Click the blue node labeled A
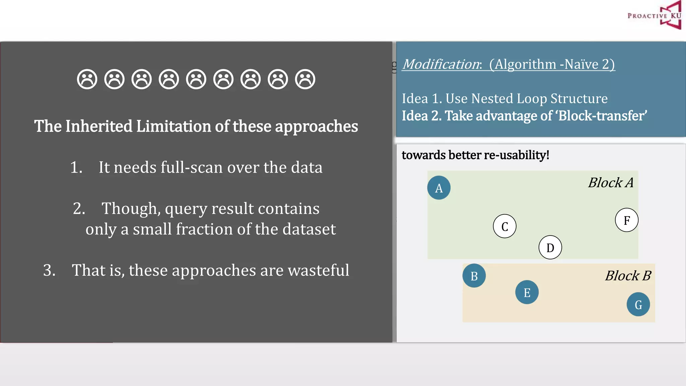click(439, 188)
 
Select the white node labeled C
click(504, 226)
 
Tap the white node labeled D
click(550, 248)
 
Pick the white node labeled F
click(626, 220)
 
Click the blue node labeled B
click(474, 276)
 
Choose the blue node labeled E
click(527, 292)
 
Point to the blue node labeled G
click(638, 304)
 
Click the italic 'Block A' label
click(611, 183)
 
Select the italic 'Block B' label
click(628, 276)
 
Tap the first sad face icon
click(87, 79)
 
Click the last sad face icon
click(305, 79)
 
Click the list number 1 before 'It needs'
click(76, 167)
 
